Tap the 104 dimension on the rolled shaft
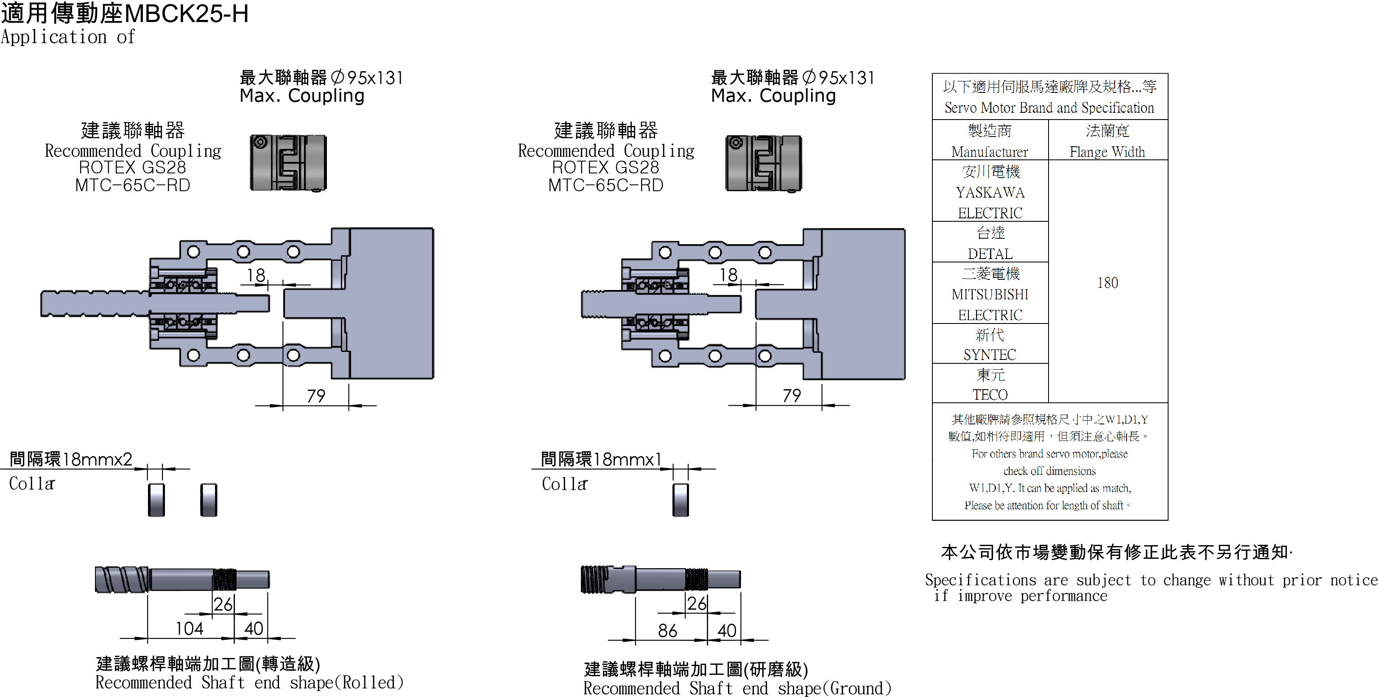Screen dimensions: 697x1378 pos(190,628)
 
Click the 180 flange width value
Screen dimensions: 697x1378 pos(1107,282)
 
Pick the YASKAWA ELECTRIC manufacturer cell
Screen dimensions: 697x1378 pos(990,192)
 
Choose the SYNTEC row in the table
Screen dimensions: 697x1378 pos(990,345)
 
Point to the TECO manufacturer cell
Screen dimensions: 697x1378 pos(990,384)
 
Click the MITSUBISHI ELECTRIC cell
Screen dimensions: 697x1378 pos(990,294)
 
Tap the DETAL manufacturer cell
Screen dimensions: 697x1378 pos(990,243)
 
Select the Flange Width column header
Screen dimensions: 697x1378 pos(1107,141)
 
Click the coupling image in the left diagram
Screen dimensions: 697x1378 pos(288,163)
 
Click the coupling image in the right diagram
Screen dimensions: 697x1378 pos(763,163)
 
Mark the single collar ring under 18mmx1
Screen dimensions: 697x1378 pos(681,499)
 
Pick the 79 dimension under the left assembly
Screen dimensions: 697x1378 pos(315,396)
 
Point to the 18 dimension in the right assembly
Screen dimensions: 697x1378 pos(728,275)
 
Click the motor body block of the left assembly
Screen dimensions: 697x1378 pos(391,303)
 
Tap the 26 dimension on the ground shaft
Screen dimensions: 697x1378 pos(697,603)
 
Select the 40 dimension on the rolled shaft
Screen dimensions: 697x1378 pos(254,628)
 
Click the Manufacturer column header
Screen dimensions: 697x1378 pos(990,141)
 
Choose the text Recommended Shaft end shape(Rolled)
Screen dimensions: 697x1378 pos(249,683)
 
